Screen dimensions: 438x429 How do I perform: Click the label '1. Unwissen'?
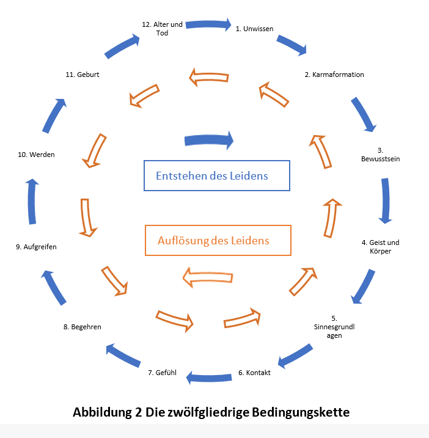pyautogui.click(x=254, y=28)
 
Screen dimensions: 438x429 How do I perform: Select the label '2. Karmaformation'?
pyautogui.click(x=334, y=75)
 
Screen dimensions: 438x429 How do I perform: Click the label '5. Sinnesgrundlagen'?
pyautogui.click(x=333, y=327)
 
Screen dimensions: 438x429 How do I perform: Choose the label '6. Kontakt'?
pyautogui.click(x=254, y=373)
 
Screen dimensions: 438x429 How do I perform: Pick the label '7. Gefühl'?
pyautogui.click(x=163, y=373)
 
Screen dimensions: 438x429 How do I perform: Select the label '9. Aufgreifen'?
pyautogui.click(x=36, y=247)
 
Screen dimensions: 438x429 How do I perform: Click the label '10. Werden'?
pyautogui.click(x=37, y=155)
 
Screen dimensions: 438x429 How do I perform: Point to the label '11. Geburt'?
pyautogui.click(x=82, y=75)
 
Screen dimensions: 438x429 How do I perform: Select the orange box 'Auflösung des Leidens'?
pyautogui.click(x=218, y=240)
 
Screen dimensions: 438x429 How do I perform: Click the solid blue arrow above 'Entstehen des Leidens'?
pyautogui.click(x=209, y=140)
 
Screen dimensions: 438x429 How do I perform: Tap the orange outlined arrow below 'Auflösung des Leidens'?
pyautogui.click(x=208, y=277)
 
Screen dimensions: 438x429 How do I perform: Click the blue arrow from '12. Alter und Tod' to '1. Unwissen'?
pyautogui.click(x=208, y=26)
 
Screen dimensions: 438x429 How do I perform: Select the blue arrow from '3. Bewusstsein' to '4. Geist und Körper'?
pyautogui.click(x=385, y=200)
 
